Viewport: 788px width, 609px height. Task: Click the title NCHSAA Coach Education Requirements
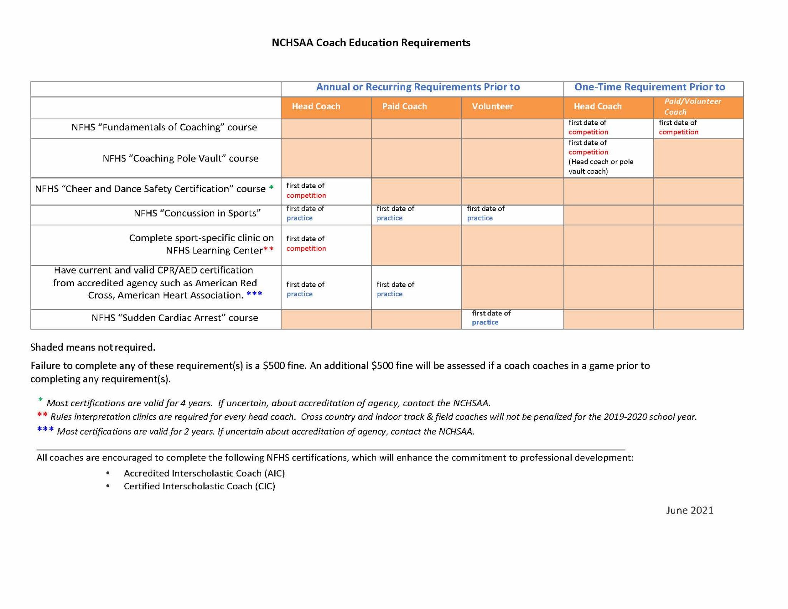tap(371, 43)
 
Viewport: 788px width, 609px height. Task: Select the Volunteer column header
tap(492, 107)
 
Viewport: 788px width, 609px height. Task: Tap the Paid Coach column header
tap(404, 107)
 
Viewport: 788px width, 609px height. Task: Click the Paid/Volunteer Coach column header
tap(692, 107)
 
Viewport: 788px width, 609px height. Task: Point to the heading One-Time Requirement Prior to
tap(649, 87)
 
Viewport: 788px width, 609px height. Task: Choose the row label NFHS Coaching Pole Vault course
tap(180, 159)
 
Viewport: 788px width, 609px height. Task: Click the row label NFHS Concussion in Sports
tap(197, 213)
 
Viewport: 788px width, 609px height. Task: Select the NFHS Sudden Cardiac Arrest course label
tap(174, 318)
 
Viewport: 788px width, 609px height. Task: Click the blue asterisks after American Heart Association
tap(254, 294)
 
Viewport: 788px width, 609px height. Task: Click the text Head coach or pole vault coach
tap(601, 167)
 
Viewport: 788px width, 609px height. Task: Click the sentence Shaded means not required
tap(93, 347)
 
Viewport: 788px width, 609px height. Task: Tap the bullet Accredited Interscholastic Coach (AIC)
tap(204, 473)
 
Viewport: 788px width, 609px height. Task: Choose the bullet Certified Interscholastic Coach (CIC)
tap(199, 486)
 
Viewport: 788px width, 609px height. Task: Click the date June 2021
tap(689, 510)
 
